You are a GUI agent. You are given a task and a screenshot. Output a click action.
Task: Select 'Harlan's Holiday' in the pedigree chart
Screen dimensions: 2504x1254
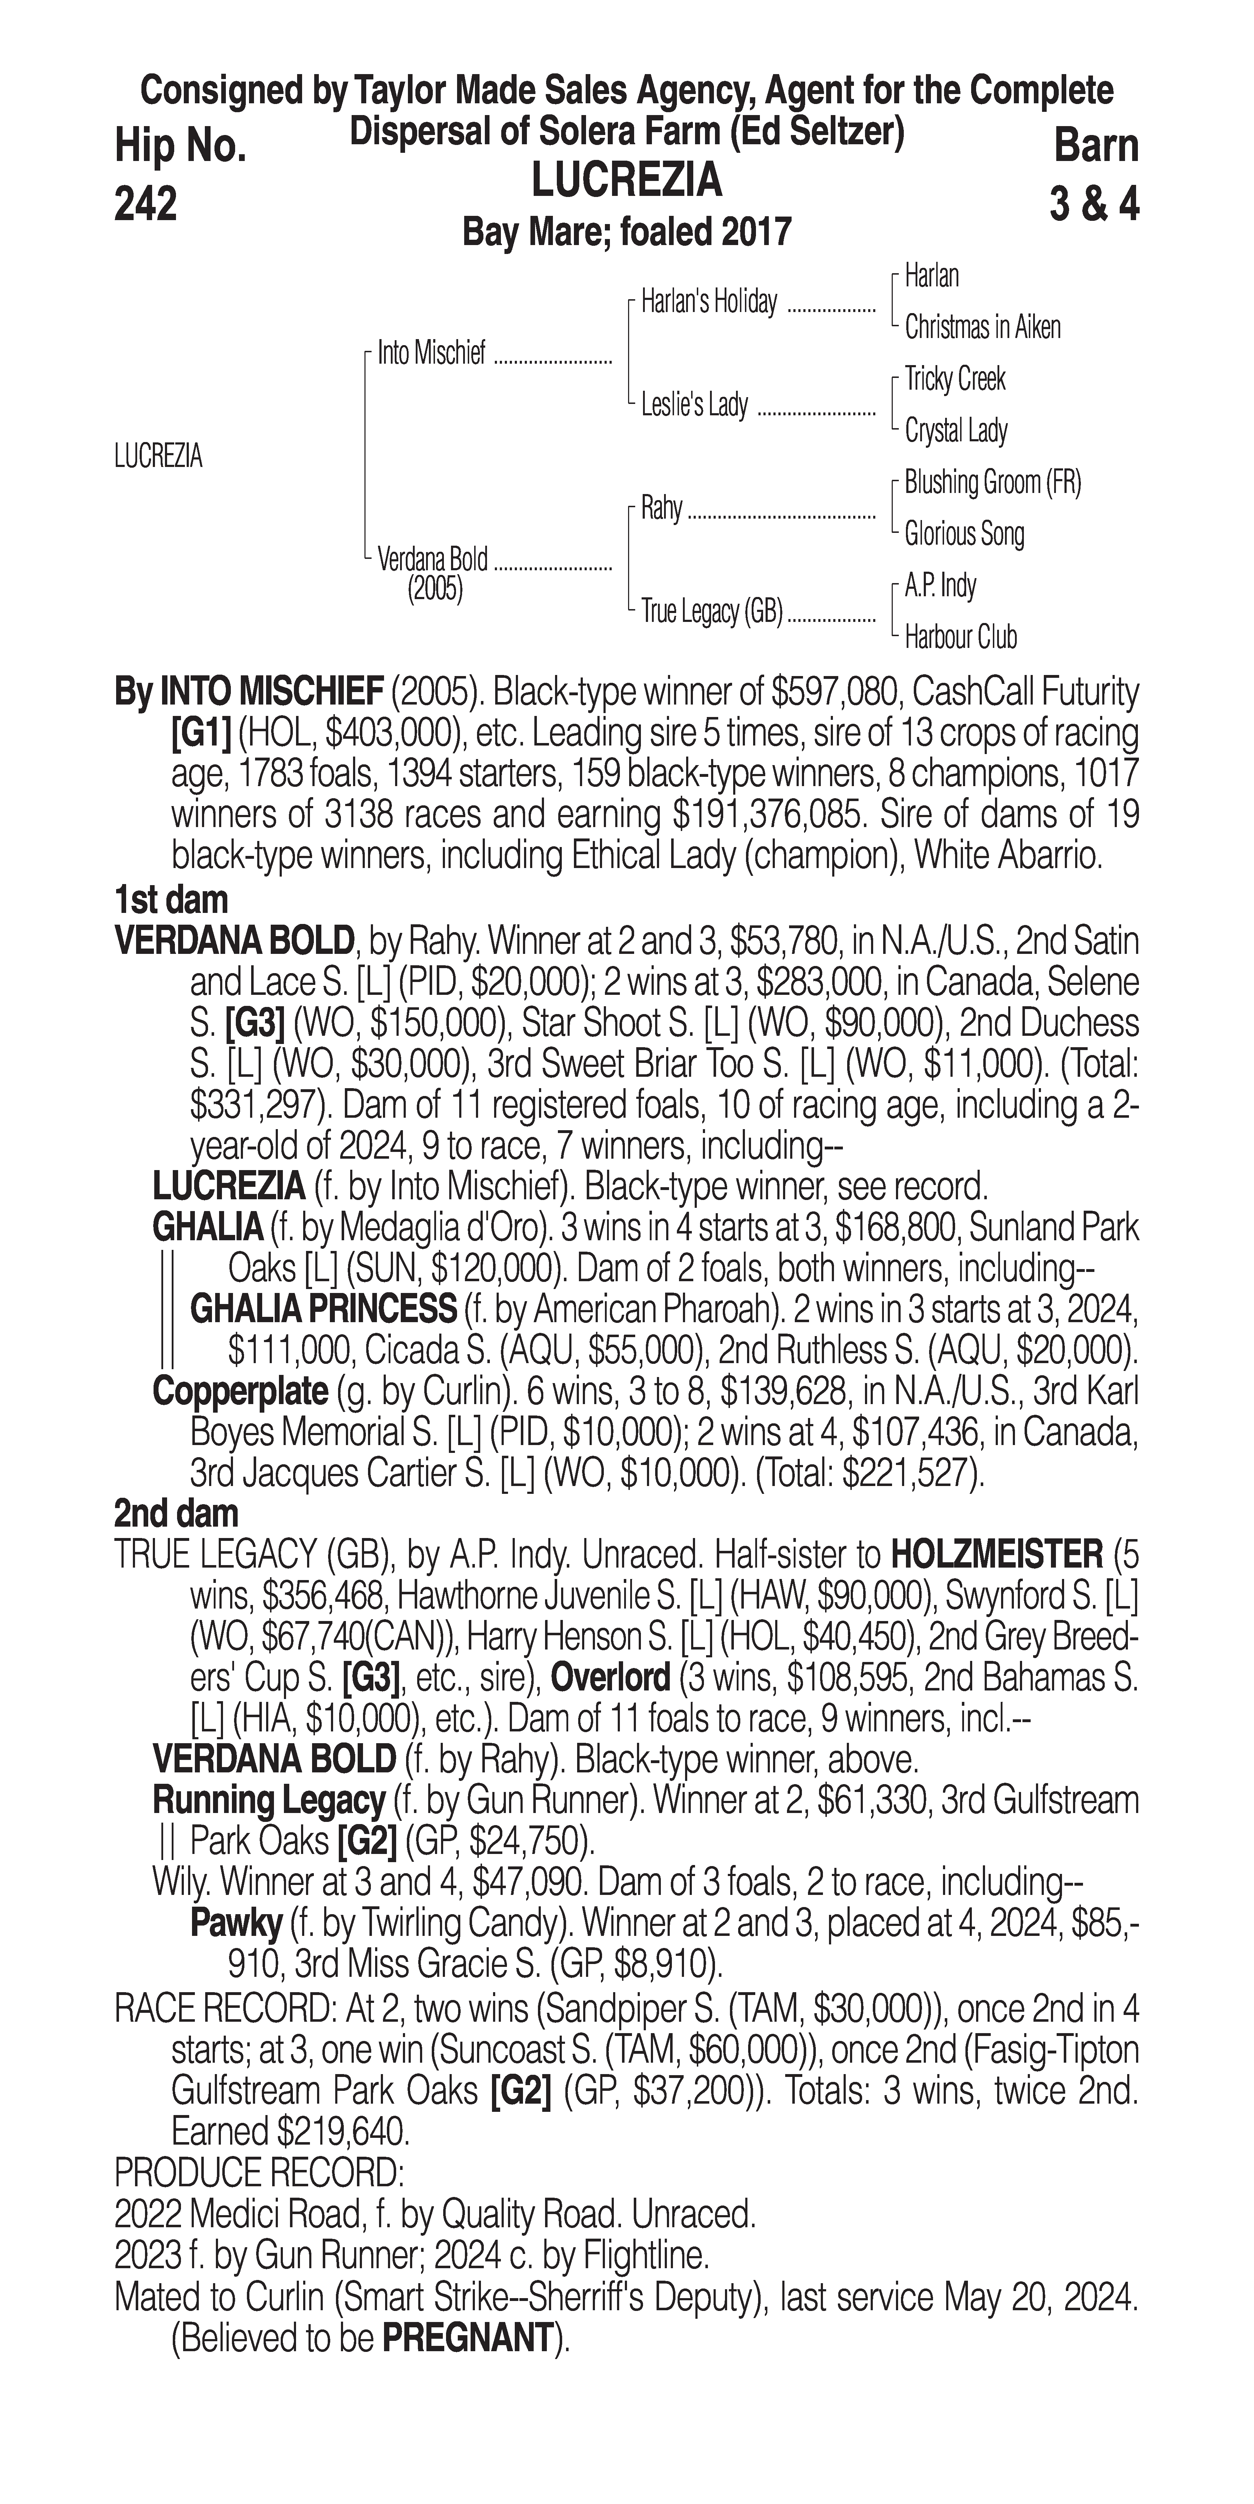coord(709,302)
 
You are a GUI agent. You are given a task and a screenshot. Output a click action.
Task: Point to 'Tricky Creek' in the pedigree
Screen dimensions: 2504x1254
coord(955,379)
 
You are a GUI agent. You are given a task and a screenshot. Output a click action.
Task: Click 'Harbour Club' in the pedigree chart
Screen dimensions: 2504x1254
coord(960,638)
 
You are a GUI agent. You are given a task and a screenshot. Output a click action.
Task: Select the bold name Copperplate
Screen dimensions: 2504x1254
coord(240,1391)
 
